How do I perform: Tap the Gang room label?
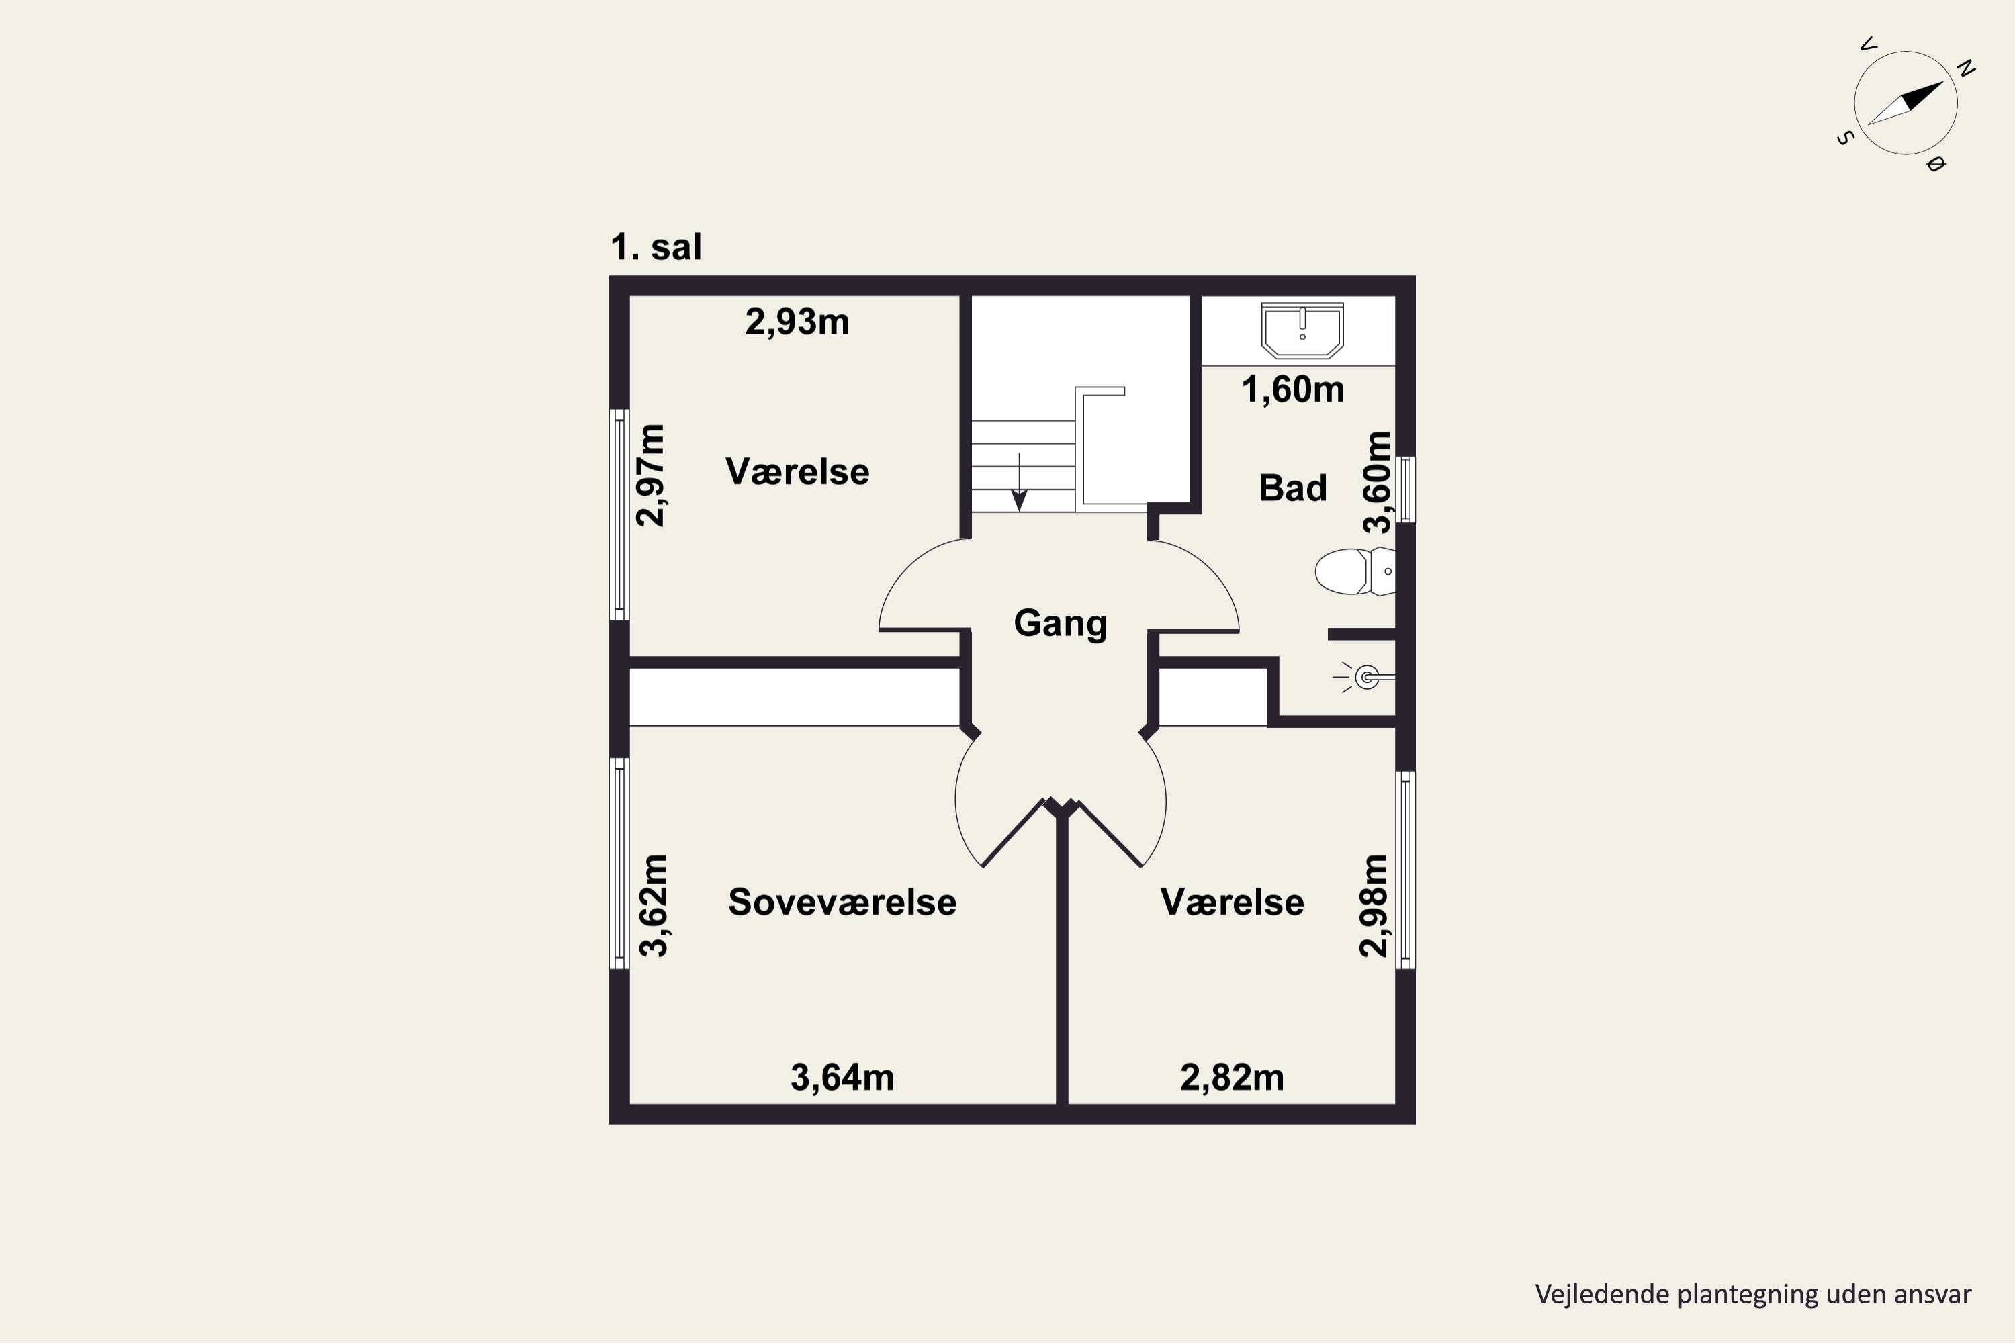tap(1061, 624)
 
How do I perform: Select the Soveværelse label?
tap(842, 902)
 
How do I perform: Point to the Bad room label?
tap(1293, 488)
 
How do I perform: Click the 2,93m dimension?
tap(797, 323)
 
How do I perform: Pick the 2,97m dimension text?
tap(650, 475)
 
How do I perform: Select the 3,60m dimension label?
tap(1378, 482)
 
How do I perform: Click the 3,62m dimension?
tap(654, 905)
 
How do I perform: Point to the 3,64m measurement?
tap(842, 1078)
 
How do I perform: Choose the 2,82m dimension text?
tap(1232, 1078)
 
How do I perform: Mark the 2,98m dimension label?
tap(1374, 905)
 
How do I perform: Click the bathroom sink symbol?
tap(1302, 330)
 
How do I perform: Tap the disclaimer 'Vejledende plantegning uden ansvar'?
tap(1753, 1293)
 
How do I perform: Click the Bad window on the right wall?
tap(1406, 489)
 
